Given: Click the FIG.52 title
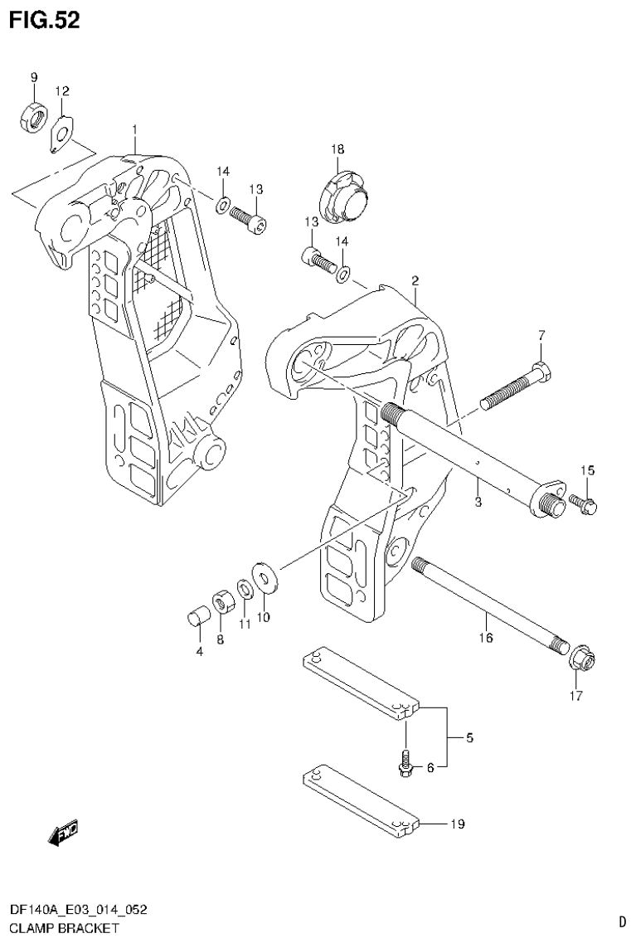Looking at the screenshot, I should (x=45, y=21).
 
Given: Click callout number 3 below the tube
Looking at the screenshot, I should (x=478, y=503).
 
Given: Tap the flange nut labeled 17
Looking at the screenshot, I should (x=583, y=660).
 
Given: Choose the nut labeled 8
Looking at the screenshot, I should (x=222, y=600).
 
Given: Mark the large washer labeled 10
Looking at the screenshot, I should (x=266, y=576).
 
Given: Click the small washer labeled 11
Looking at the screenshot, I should (x=245, y=589).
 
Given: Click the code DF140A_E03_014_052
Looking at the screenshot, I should (x=78, y=910).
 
